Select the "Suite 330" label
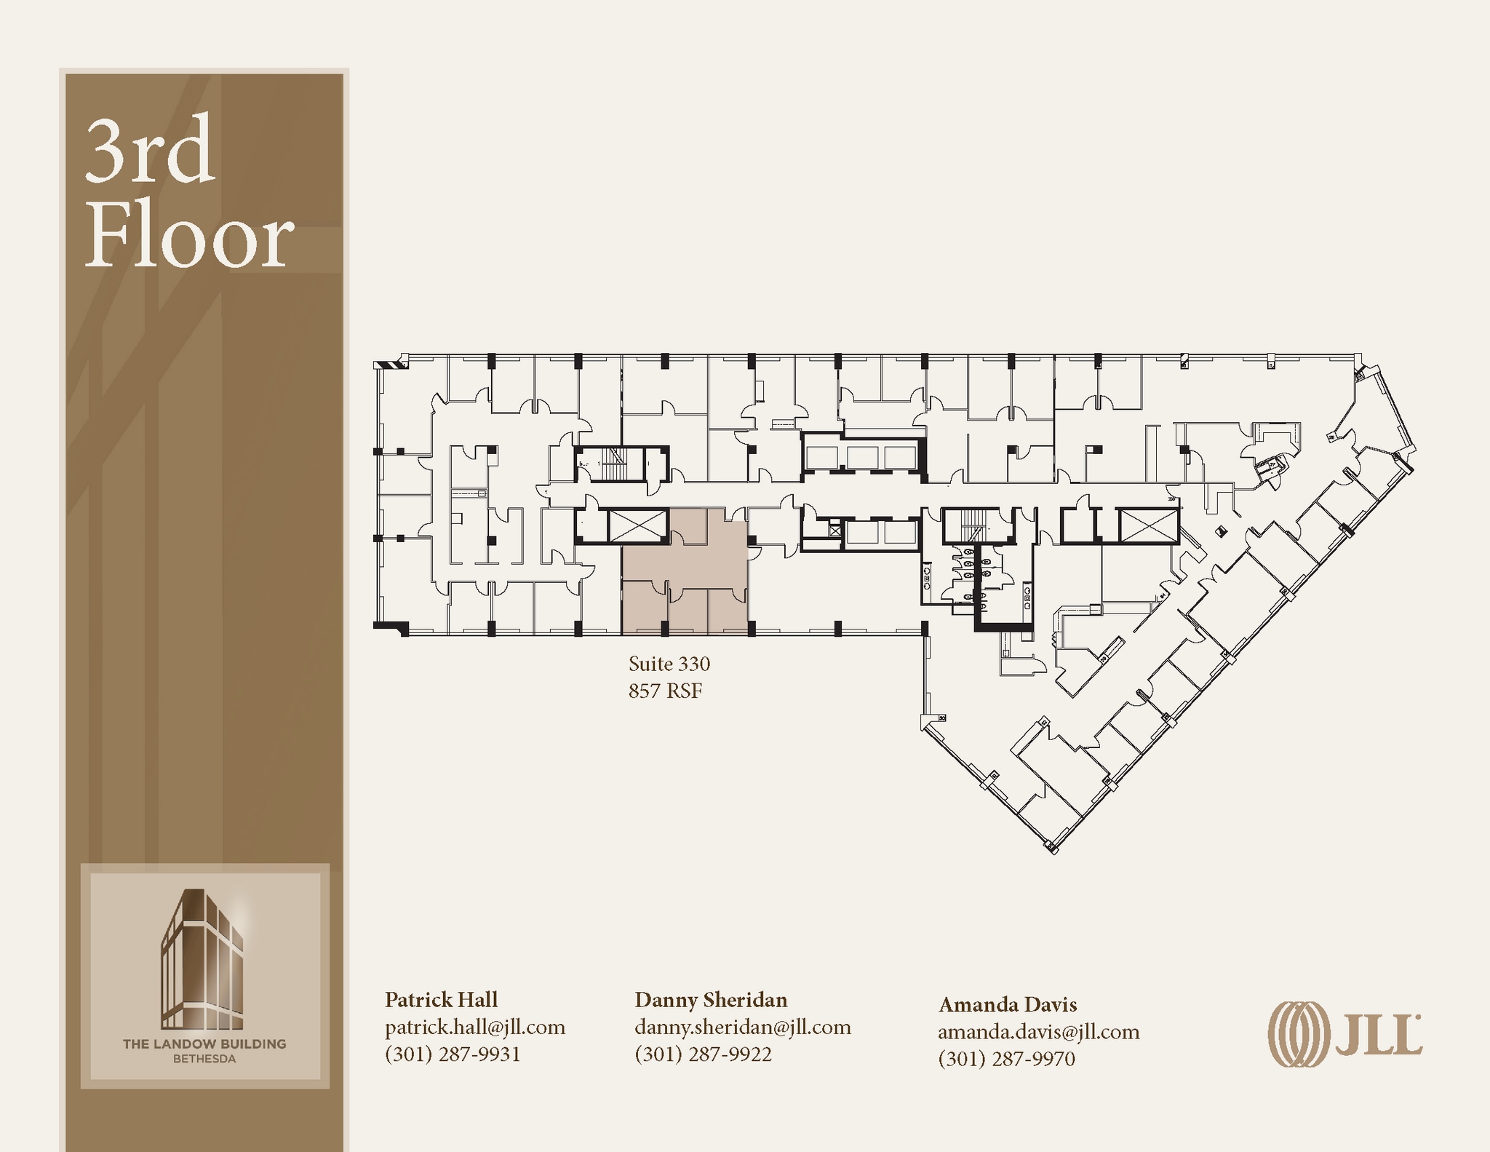669,664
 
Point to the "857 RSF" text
665,691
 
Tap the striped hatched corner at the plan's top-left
393,362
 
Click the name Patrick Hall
441,999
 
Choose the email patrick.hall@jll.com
474,1027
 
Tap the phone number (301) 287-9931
452,1054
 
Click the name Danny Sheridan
710,999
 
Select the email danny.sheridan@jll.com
742,1027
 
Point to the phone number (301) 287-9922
702,1054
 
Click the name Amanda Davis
1007,1004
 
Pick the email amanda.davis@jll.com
1038,1031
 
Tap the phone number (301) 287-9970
1006,1058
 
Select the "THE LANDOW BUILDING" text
204,1044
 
